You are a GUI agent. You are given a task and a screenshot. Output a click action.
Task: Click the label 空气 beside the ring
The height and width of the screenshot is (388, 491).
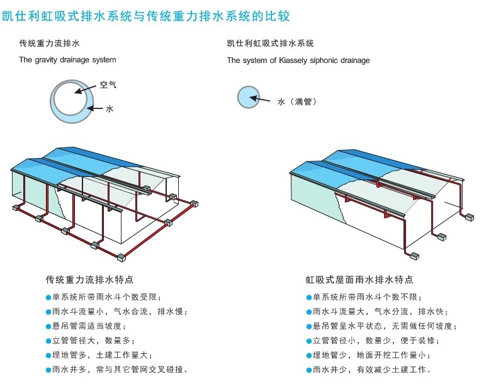point(108,84)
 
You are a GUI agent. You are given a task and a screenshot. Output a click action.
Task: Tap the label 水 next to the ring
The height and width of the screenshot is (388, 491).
point(110,109)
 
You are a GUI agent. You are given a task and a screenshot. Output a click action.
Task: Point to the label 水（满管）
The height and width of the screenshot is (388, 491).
point(296,101)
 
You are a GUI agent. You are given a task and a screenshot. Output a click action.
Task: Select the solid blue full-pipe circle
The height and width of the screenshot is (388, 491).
point(248,98)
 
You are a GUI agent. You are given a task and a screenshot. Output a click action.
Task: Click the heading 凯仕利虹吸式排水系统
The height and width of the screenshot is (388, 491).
point(270,43)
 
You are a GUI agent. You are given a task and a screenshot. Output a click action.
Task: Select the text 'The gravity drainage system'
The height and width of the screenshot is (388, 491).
point(67,60)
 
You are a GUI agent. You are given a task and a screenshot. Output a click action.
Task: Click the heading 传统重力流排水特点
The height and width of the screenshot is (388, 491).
point(89,279)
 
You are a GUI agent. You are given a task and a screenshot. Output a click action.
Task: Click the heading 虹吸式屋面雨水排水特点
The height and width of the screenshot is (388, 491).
point(359,279)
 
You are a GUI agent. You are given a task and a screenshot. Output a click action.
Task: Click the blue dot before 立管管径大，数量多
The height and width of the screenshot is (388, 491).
point(48,341)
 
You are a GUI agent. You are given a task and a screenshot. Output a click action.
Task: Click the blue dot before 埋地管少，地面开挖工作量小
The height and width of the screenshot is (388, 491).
point(308,355)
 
